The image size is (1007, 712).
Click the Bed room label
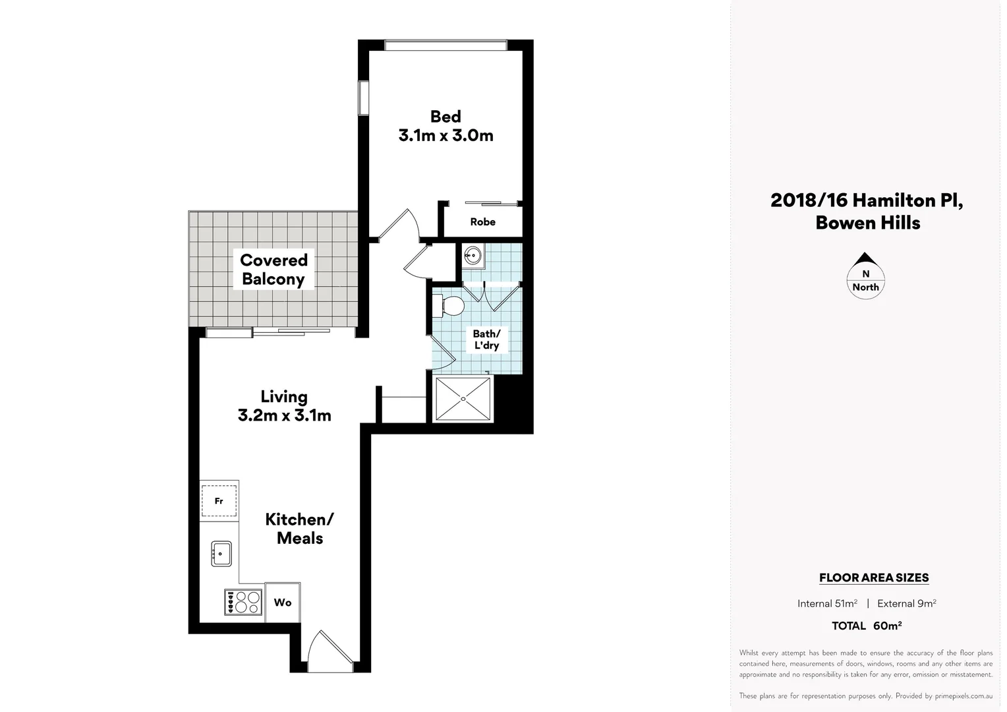click(446, 117)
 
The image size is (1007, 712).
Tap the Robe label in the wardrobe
click(482, 222)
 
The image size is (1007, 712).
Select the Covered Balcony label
click(273, 270)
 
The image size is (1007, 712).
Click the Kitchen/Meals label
click(300, 529)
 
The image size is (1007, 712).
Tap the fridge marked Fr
click(219, 501)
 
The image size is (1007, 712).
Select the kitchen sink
click(221, 554)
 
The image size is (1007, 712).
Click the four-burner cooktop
click(243, 602)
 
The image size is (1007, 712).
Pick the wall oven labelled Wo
click(283, 603)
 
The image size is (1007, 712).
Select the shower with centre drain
click(463, 398)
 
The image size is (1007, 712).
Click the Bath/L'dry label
click(486, 340)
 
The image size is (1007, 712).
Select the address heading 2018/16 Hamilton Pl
click(867, 200)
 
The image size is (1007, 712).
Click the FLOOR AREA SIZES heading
click(874, 578)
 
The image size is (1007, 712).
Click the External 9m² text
click(906, 603)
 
